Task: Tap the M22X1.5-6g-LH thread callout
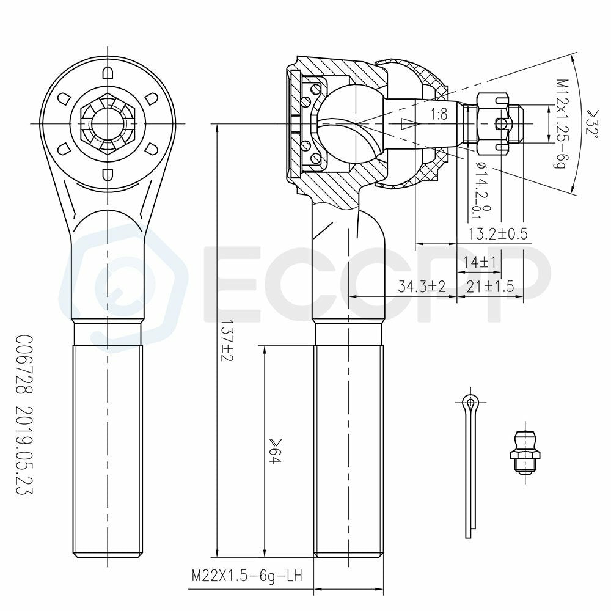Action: (247, 576)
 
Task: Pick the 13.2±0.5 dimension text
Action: (497, 233)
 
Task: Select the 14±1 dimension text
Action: (480, 262)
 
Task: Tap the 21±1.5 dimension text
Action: (490, 287)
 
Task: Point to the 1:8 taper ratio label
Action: (439, 115)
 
